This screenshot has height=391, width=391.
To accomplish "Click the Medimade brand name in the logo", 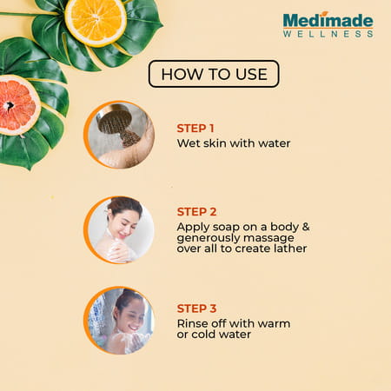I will [x=328, y=20].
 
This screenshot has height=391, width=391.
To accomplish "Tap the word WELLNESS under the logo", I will [x=328, y=34].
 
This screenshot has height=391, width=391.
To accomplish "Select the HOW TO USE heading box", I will [x=213, y=74].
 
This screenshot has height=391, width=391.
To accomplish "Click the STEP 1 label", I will [x=196, y=128].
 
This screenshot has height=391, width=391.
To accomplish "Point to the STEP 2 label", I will [x=196, y=211].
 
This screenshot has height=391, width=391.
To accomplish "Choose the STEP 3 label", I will [x=196, y=308].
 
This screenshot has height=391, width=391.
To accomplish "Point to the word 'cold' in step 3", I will [x=209, y=335].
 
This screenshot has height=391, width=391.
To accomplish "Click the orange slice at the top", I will [x=96, y=19].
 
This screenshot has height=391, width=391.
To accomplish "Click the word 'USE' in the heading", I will [x=248, y=74].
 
